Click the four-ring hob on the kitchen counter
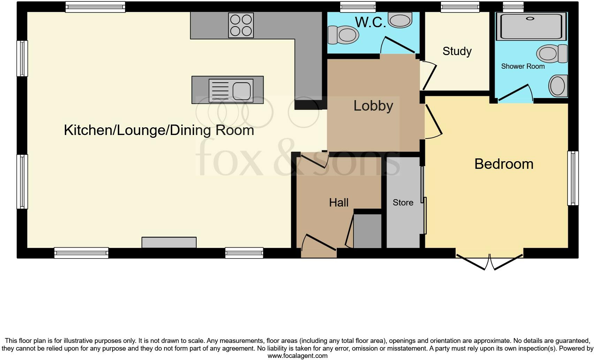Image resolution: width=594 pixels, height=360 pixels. click(x=241, y=25)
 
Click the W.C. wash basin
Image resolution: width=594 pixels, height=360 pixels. click(x=400, y=20)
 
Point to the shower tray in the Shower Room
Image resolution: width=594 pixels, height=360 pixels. click(x=531, y=27)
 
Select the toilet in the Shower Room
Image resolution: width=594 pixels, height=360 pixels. click(x=551, y=54)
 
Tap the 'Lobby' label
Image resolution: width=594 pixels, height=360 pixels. click(x=373, y=106)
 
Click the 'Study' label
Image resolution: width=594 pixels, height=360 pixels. click(x=457, y=51)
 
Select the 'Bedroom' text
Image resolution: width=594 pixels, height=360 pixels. click(x=504, y=164)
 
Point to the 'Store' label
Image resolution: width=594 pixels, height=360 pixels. click(x=403, y=203)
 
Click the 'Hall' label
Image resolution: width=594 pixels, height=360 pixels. click(x=338, y=203)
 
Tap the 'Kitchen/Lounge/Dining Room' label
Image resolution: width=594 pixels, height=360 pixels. click(x=159, y=130)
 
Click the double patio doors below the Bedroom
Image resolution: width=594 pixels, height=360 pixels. click(x=489, y=262)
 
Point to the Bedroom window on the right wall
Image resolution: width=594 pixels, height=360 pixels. click(x=573, y=178)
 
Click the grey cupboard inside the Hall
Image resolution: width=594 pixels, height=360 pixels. click(x=367, y=231)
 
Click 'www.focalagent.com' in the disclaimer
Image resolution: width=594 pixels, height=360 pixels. click(x=297, y=356)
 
